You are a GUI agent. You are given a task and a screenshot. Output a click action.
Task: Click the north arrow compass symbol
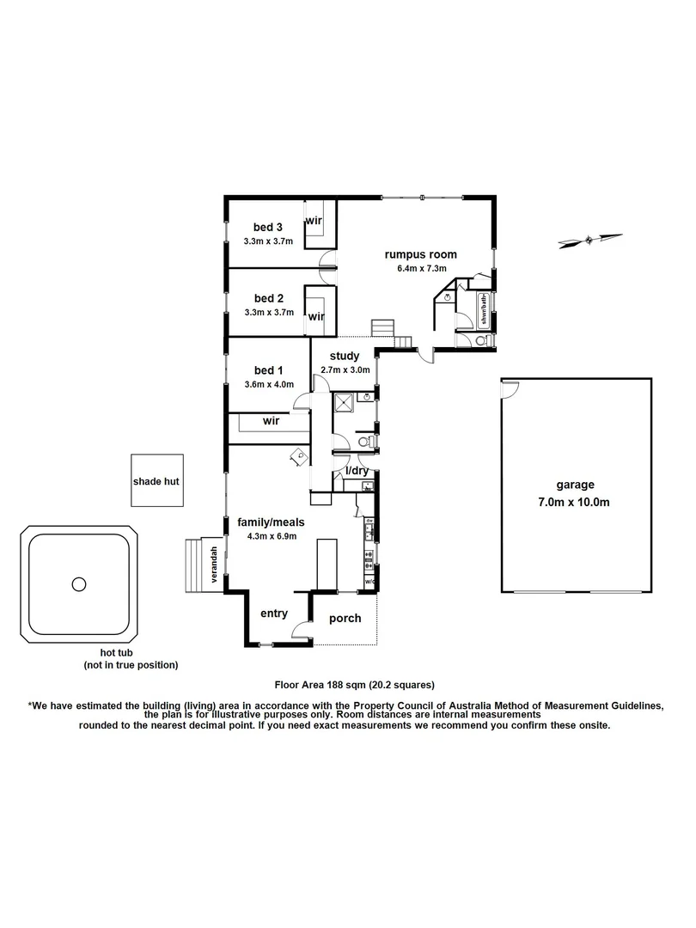coord(589,240)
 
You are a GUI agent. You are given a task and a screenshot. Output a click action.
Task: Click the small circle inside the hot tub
coord(79,584)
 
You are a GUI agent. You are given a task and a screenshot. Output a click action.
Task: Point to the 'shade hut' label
coord(156,482)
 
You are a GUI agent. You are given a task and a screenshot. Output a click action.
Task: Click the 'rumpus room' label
coord(420,254)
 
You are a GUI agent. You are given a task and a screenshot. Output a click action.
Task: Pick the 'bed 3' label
coord(268,227)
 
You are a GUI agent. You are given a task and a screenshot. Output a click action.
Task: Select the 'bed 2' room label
coord(268,298)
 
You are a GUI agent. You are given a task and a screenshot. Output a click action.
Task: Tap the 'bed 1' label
coord(268,369)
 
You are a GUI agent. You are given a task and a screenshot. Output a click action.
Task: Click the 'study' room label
coord(345,357)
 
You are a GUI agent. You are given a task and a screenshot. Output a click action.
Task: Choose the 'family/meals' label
coord(272,522)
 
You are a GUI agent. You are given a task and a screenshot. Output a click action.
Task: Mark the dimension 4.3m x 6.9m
coord(272,536)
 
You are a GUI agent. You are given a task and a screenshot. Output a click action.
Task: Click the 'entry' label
coord(273,614)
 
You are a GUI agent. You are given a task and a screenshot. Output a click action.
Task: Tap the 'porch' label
coord(345,619)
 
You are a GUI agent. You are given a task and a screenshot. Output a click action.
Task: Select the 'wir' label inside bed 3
coord(314,220)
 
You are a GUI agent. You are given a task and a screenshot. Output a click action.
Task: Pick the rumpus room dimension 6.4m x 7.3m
coord(420,269)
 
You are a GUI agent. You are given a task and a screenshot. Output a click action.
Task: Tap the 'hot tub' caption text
coord(131,653)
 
